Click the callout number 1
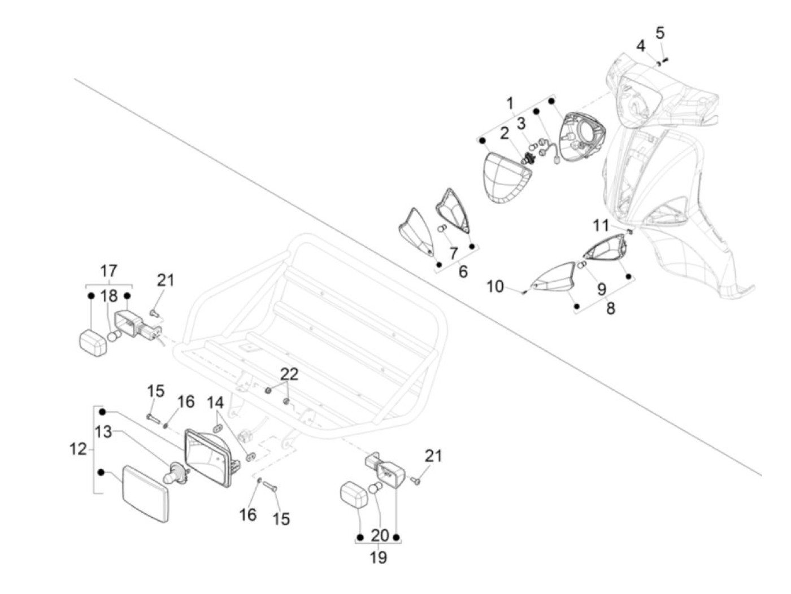click(x=510, y=104)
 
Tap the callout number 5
click(x=659, y=33)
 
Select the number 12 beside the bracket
click(x=78, y=449)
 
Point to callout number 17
click(x=108, y=270)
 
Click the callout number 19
click(x=379, y=557)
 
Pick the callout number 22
click(x=289, y=374)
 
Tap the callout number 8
click(x=610, y=308)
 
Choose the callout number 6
click(x=463, y=272)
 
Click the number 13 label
click(x=103, y=432)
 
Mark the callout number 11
click(x=601, y=226)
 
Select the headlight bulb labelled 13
click(x=176, y=472)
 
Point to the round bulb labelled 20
click(x=375, y=489)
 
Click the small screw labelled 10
click(x=525, y=292)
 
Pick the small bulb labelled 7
click(x=442, y=229)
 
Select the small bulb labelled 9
click(x=581, y=265)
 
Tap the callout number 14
click(x=215, y=402)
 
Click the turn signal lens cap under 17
click(x=93, y=343)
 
